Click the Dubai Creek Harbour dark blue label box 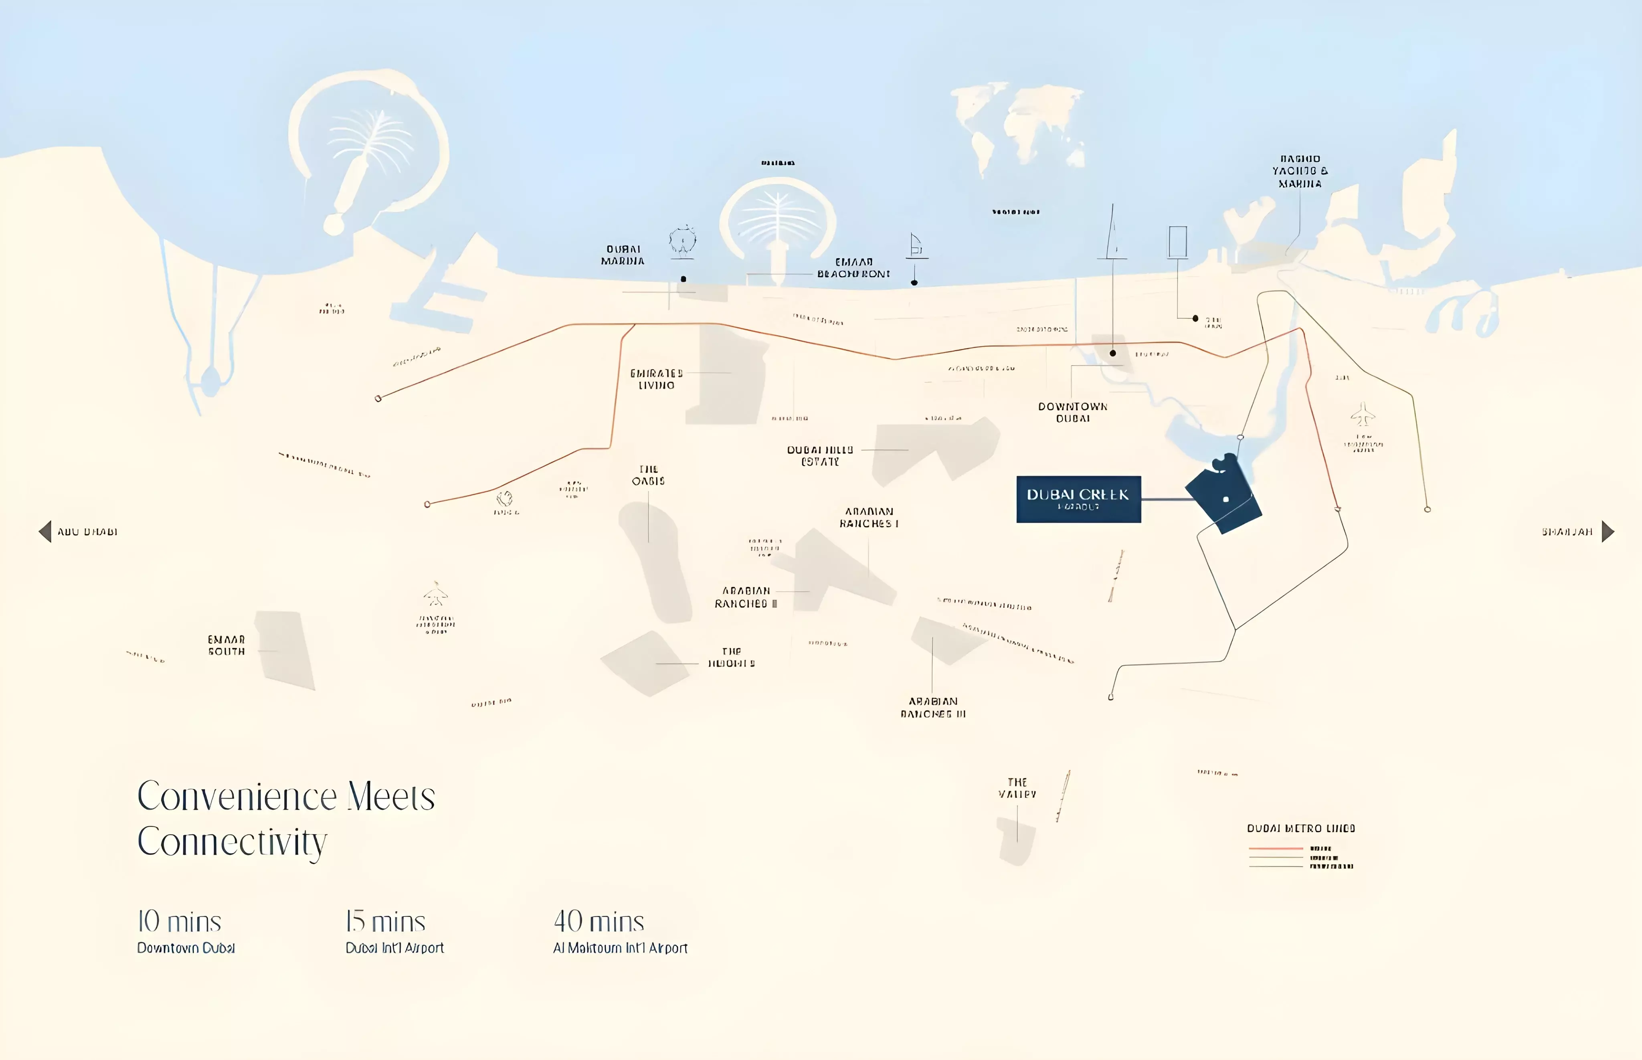click(1078, 499)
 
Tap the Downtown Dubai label click(1072, 412)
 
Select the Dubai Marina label click(623, 255)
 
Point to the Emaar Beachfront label click(853, 268)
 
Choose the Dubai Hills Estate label click(820, 456)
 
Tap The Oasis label click(648, 475)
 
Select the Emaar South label click(226, 645)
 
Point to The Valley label click(1017, 788)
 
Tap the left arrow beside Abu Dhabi click(45, 531)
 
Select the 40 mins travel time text click(599, 921)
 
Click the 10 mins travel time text click(179, 921)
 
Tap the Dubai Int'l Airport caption click(394, 948)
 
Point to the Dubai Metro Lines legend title click(1301, 828)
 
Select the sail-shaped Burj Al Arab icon click(916, 246)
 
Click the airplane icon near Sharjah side click(1363, 415)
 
